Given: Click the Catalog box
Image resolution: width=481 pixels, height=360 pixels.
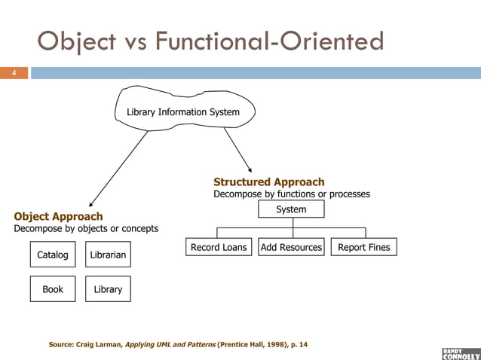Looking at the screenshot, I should pos(53,255).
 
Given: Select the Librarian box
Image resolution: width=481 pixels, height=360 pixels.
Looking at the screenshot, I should pos(108,255).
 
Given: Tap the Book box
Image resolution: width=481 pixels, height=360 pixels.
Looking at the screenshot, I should pos(53,289).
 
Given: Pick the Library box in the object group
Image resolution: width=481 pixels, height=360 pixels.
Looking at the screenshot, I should pos(108,289).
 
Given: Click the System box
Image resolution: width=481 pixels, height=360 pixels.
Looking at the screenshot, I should pos(291,209).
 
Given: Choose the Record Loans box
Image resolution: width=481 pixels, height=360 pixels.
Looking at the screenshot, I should pos(218,247).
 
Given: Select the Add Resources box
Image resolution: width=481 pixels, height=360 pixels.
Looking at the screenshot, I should pos(291,247).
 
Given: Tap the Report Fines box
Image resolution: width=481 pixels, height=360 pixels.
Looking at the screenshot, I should pos(363,247).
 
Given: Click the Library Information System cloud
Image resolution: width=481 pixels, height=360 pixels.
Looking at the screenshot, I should pos(183,112).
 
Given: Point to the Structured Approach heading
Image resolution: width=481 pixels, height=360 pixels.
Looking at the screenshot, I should pos(269,182).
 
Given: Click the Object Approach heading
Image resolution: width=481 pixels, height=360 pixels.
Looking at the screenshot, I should pos(58,217).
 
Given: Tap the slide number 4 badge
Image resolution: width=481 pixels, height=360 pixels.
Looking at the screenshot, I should pos(13,73).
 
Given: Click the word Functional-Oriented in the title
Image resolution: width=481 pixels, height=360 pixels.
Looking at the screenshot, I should pos(269,41).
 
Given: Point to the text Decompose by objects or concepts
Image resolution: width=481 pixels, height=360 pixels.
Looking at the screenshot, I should pos(86,229).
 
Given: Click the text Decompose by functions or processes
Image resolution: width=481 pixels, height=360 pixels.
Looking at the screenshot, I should pos(292,194).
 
